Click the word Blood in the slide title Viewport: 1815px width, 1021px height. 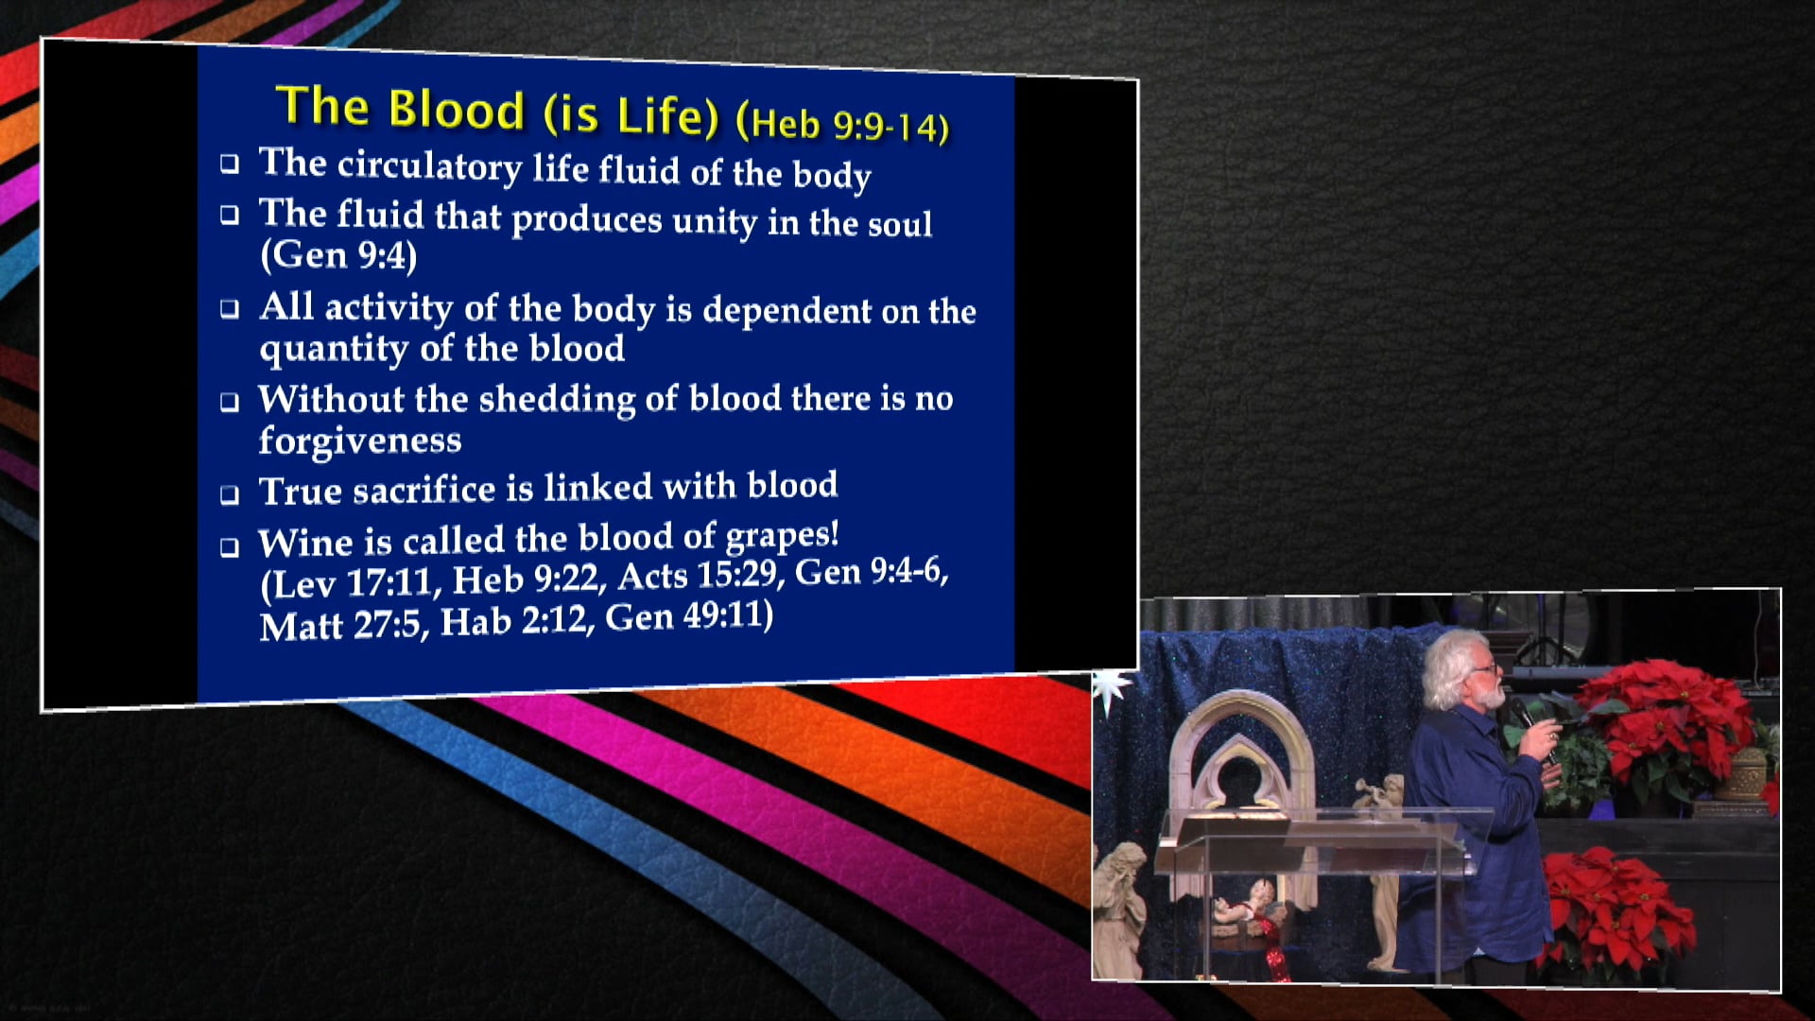(456, 110)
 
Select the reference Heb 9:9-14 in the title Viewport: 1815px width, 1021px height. (842, 125)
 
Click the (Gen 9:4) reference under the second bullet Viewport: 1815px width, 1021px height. (338, 255)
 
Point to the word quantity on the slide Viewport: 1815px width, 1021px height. (334, 350)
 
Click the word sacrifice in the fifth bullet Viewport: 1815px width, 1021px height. (423, 490)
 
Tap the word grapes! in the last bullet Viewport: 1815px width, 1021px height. (782, 536)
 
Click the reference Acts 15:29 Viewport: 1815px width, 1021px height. (697, 575)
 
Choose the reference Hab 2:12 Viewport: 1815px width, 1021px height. (513, 622)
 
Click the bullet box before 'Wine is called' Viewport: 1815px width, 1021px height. (230, 546)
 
